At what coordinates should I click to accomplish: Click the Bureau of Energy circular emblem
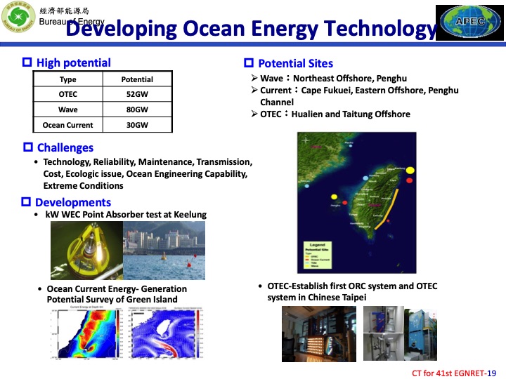(20, 17)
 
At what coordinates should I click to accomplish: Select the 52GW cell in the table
(137, 95)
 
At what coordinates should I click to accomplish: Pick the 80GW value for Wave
(137, 110)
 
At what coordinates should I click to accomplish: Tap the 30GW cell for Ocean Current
(137, 126)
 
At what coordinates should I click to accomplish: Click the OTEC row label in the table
(68, 95)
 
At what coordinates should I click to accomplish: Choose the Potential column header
(137, 79)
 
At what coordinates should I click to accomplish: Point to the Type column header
(68, 79)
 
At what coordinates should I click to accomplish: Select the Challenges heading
(65, 147)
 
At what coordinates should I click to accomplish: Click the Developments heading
(73, 202)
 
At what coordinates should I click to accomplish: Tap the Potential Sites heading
(295, 63)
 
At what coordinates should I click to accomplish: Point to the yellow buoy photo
(86, 251)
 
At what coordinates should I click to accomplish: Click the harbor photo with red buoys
(164, 251)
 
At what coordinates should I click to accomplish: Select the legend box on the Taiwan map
(320, 253)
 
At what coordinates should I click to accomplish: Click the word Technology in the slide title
(381, 29)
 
